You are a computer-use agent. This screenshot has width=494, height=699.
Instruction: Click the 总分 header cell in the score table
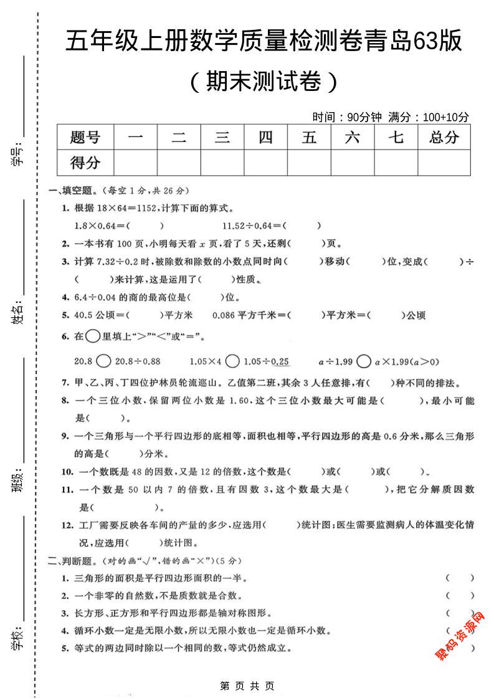[444, 138]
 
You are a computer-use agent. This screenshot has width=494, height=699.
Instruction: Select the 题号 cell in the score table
[85, 138]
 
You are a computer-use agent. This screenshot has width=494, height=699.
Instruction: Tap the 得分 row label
[85, 163]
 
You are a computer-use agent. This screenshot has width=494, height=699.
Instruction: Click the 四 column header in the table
[266, 138]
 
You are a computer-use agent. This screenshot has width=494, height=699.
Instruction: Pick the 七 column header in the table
[396, 138]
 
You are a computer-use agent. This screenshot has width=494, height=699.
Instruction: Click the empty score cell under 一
[136, 163]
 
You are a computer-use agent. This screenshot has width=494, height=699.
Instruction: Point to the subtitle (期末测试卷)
[264, 82]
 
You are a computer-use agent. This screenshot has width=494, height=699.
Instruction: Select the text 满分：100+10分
[429, 117]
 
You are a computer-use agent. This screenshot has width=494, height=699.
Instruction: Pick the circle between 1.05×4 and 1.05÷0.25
[232, 361]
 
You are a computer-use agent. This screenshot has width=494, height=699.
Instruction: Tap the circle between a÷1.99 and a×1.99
[364, 361]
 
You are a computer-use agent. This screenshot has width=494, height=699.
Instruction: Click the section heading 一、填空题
[73, 191]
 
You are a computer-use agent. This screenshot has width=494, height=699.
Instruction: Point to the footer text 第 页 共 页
[247, 686]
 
